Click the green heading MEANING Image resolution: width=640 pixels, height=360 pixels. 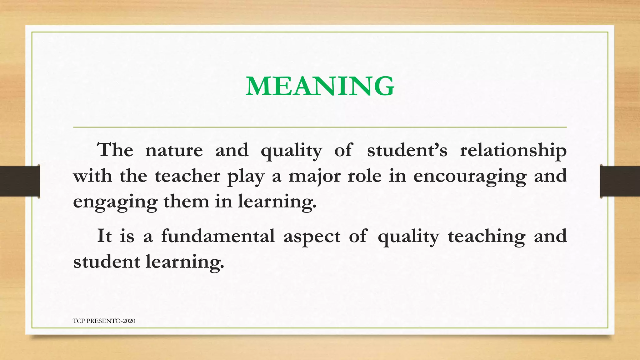[x=320, y=86]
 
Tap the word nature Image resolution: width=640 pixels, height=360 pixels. [x=174, y=150]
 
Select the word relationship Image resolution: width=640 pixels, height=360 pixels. [x=513, y=151]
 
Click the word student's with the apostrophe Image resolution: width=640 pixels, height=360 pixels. [x=407, y=150]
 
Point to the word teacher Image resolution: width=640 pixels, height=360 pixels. [x=187, y=176]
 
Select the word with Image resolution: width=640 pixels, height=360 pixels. [x=92, y=176]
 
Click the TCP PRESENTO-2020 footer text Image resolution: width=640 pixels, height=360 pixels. [x=104, y=321]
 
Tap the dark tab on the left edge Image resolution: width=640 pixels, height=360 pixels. [x=20, y=181]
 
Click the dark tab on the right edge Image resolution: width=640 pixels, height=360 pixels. [x=620, y=181]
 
